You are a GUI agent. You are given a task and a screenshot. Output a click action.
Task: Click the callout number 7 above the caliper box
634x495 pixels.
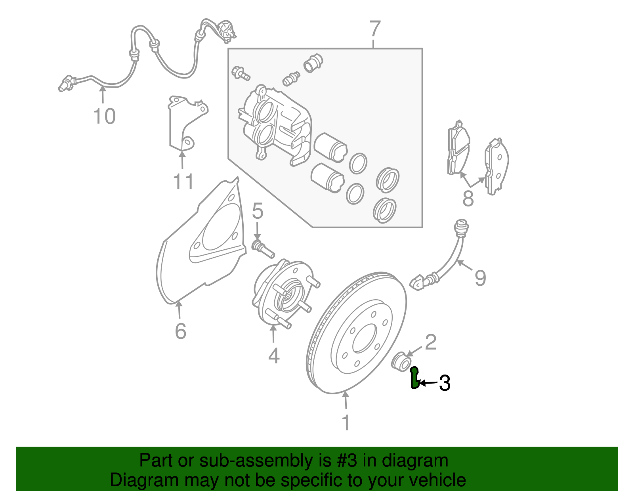pyautogui.click(x=375, y=29)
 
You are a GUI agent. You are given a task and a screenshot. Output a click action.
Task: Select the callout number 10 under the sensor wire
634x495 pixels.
pyautogui.click(x=105, y=117)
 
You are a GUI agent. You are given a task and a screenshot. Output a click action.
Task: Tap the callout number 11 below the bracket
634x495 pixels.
pyautogui.click(x=183, y=182)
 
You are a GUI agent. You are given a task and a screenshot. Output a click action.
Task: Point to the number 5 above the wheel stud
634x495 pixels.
pyautogui.click(x=258, y=211)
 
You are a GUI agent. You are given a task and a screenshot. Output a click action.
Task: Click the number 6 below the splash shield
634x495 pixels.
pyautogui.click(x=181, y=331)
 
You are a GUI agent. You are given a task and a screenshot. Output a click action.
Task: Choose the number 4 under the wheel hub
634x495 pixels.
pyautogui.click(x=274, y=355)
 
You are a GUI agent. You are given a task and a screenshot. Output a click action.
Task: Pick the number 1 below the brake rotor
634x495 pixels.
pyautogui.click(x=346, y=422)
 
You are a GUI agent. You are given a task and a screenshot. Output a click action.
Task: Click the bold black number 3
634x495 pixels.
pyautogui.click(x=445, y=383)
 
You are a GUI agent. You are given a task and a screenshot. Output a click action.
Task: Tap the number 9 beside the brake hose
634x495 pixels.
pyautogui.click(x=480, y=278)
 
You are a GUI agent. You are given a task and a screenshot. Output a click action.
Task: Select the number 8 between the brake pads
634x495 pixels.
pyautogui.click(x=468, y=199)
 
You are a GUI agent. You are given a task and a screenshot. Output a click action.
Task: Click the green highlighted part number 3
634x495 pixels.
pyautogui.click(x=414, y=379)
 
